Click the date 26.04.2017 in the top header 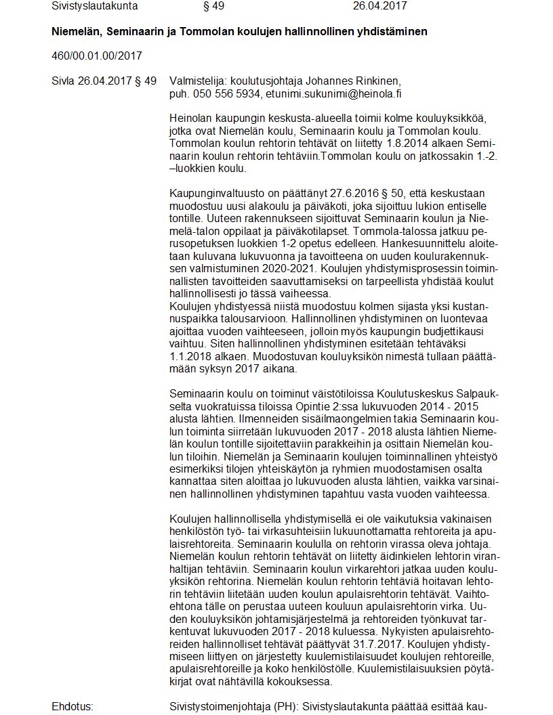pyautogui.click(x=380, y=6)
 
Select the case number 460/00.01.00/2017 pyautogui.click(x=97, y=56)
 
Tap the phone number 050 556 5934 pyautogui.click(x=226, y=94)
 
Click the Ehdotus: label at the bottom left pyautogui.click(x=72, y=707)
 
